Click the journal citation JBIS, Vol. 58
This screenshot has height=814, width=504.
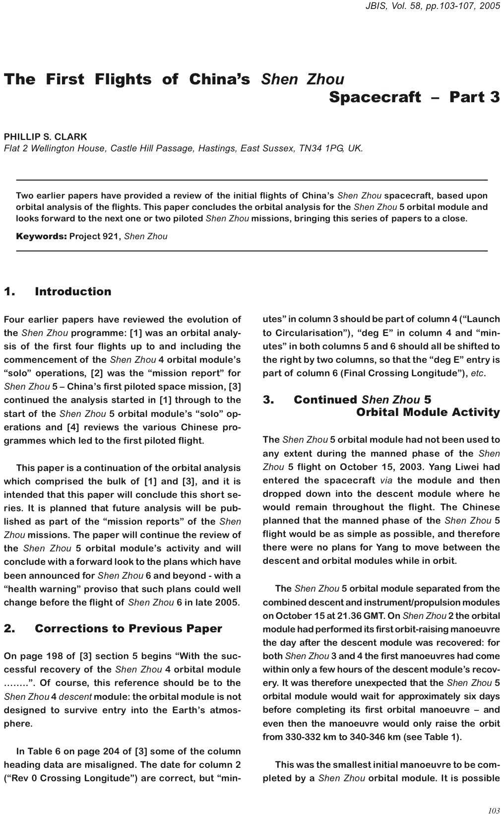(391, 6)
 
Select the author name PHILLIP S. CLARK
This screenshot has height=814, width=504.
(45, 136)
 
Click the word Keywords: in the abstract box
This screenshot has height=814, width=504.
(41, 236)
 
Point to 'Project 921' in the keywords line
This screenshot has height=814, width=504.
(94, 236)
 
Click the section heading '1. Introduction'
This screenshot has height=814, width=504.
(58, 291)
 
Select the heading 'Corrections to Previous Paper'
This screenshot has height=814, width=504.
(128, 628)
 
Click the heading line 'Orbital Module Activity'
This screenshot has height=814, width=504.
(428, 412)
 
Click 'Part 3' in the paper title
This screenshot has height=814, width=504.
(474, 97)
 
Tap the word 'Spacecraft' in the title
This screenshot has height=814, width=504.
(375, 97)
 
